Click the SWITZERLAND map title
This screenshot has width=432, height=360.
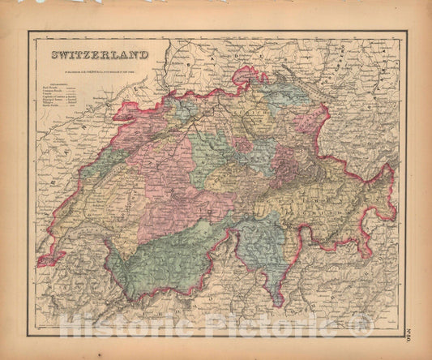pyautogui.click(x=101, y=55)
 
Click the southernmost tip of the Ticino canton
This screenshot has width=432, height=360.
pyautogui.click(x=277, y=303)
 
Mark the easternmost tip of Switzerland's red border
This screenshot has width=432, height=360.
pyautogui.click(x=396, y=212)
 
